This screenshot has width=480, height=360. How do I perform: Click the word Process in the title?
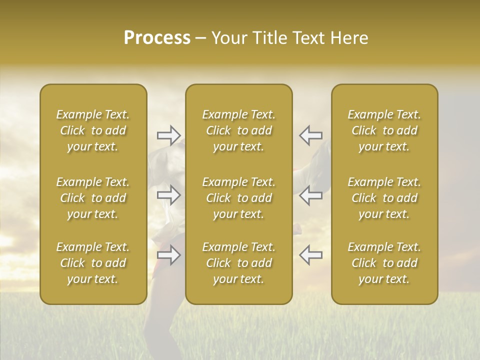point(157,38)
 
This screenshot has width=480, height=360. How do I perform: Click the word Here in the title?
point(348,38)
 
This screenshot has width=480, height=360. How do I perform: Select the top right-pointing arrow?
point(169,135)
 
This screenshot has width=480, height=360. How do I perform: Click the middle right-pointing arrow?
point(169,195)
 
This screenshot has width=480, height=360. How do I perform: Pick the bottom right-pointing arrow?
point(169,255)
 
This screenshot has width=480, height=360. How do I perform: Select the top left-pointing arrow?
point(310,135)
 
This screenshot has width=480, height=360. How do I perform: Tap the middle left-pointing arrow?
point(310,195)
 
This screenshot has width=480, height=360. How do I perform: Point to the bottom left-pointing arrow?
point(310,255)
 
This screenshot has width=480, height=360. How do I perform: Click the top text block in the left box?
point(93,130)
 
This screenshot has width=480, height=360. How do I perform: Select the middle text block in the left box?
point(93,198)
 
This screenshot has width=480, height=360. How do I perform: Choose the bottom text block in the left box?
point(93,263)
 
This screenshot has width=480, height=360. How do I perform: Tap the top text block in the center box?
point(238,130)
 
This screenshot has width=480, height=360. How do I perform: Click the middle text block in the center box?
point(238,198)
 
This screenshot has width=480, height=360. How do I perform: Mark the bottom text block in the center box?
point(238,263)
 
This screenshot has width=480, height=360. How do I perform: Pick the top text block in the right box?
point(384,130)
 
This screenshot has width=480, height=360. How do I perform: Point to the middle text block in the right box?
point(384,198)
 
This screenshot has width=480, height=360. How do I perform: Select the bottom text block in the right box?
point(384,263)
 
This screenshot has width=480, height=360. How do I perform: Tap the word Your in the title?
point(229,38)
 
